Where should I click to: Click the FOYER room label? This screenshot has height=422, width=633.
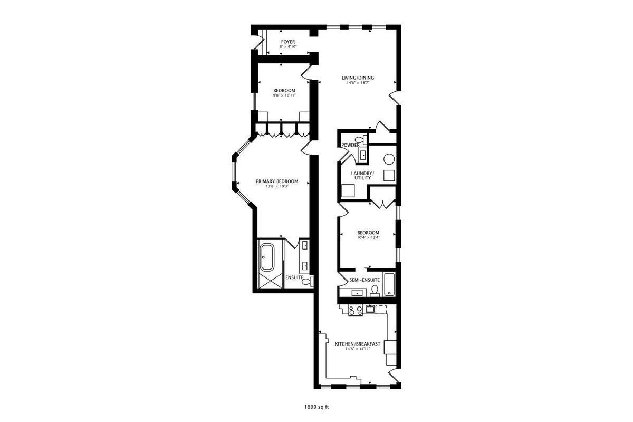pos(288,42)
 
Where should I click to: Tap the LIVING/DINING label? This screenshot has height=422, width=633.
pos(358,78)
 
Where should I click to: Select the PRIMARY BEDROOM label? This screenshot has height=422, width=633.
pos(277,181)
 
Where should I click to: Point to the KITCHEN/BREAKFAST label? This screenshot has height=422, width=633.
pos(358,344)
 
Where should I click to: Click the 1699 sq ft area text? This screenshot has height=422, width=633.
pos(316,407)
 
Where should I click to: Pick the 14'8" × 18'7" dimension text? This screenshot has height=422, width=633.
pos(358,83)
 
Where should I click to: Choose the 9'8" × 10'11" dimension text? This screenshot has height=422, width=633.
pos(284,95)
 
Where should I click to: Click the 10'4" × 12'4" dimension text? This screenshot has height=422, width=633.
pos(368,238)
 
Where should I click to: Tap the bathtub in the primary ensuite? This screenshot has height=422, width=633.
pos(267,257)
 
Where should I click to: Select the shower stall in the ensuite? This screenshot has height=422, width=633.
pos(271,281)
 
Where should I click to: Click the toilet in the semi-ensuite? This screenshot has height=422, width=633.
pos(375,291)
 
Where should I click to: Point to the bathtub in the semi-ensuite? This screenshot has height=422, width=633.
pos(389,284)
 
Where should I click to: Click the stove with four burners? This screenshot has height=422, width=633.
pos(356,310)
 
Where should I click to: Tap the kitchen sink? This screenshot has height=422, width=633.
pos(370,309)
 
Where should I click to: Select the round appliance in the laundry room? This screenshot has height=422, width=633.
pos(389,159)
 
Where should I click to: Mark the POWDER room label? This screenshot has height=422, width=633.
pos(350,145)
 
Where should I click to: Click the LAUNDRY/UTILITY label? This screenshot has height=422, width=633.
pos(362,176)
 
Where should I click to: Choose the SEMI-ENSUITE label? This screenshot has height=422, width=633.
pos(365,280)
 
